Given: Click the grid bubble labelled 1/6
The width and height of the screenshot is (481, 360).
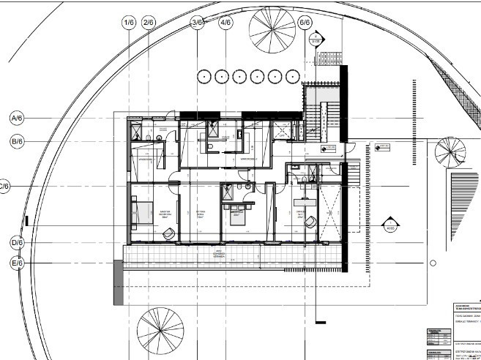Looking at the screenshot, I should [x=130, y=23].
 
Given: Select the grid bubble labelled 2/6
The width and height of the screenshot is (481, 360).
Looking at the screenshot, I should [x=149, y=23].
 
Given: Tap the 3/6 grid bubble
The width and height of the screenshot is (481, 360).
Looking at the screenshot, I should [x=197, y=23].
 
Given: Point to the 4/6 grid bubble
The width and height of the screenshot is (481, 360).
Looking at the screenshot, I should [x=225, y=23].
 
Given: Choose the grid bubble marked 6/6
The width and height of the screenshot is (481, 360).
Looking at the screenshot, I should [x=306, y=23].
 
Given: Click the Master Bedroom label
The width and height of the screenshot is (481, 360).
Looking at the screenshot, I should [x=165, y=215].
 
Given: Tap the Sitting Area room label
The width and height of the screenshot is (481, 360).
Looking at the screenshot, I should [x=200, y=214].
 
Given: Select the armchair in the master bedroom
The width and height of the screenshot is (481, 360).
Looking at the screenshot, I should [x=168, y=233].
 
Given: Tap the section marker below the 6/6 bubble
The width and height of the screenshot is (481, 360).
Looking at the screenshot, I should [x=316, y=41].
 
